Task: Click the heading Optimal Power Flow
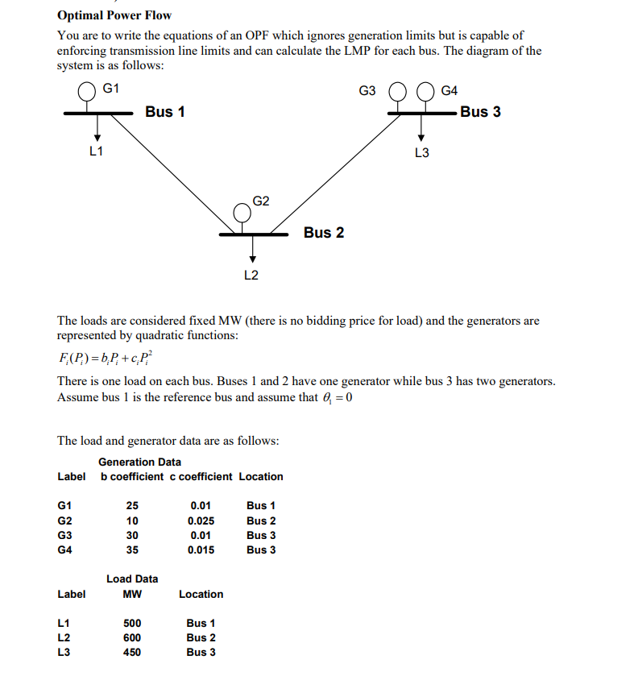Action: [114, 15]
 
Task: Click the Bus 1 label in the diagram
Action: [165, 112]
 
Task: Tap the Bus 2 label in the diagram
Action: [324, 233]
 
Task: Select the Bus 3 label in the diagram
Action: [480, 112]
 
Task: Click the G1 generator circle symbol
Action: [86, 92]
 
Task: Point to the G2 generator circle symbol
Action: [242, 213]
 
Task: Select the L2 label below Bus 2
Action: [251, 276]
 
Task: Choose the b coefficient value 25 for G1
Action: [132, 506]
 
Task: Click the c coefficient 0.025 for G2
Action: [201, 520]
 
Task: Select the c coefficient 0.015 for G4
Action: [201, 550]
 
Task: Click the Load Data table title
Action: [132, 579]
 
